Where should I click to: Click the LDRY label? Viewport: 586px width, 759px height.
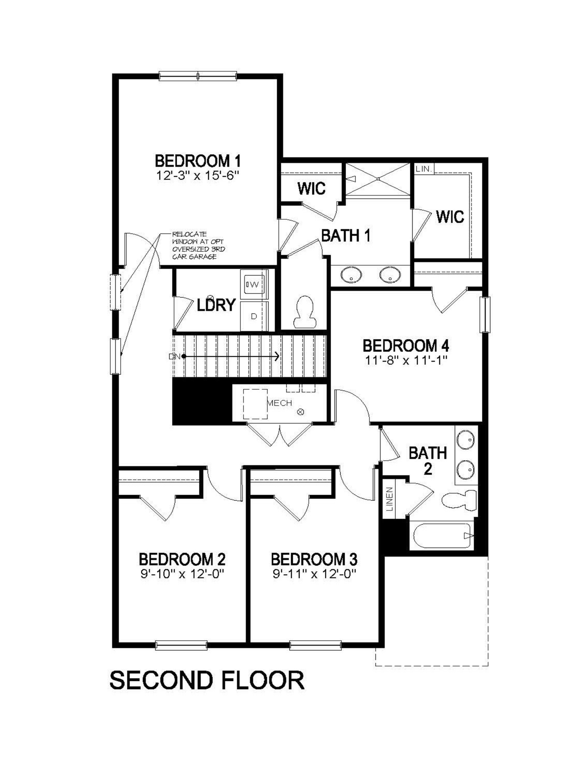216,305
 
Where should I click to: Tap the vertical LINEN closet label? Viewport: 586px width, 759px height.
389,499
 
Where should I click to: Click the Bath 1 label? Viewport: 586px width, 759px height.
346,236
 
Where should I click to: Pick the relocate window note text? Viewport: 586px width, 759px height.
198,246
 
